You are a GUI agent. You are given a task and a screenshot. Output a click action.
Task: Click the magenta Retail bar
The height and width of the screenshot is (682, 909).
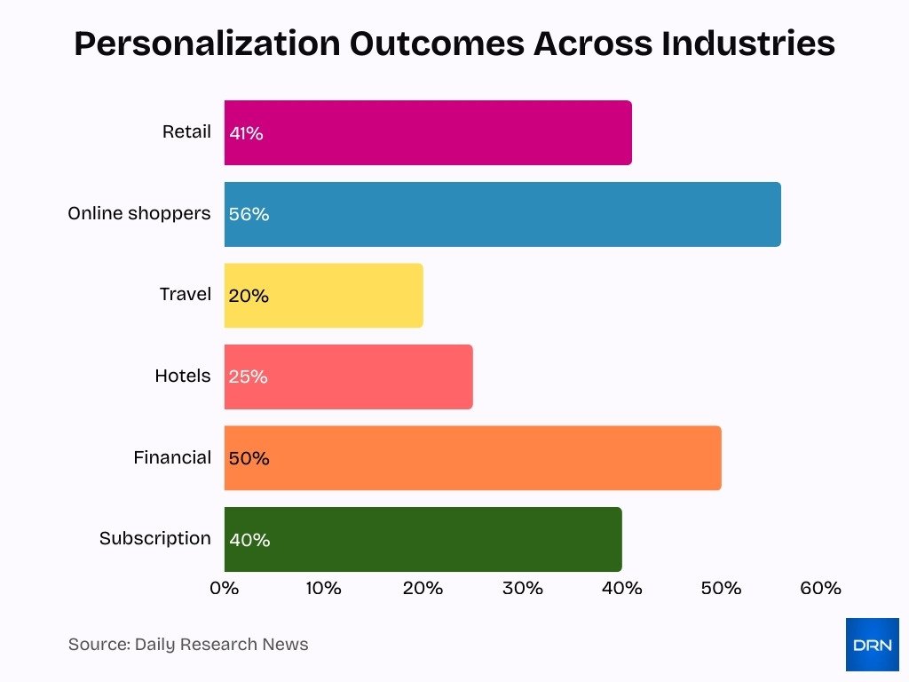[428, 133]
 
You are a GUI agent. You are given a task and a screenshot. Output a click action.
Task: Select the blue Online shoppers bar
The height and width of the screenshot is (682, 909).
[502, 215]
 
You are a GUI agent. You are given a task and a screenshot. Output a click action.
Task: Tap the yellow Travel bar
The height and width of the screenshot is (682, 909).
[324, 296]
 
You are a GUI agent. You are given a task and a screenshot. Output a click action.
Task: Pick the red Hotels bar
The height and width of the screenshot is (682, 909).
[348, 377]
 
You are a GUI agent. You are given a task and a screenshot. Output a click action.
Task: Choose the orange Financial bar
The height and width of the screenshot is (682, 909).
[472, 458]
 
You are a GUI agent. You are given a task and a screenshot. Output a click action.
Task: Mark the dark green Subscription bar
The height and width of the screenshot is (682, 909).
[423, 539]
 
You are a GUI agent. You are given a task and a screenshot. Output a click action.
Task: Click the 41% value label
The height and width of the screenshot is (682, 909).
[246, 133]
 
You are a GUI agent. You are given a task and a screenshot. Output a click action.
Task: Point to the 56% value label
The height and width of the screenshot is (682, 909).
[249, 215]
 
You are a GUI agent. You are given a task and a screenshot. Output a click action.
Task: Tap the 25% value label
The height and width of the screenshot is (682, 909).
[248, 377]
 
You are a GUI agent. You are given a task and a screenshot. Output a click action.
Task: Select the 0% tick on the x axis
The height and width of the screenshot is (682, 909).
[225, 588]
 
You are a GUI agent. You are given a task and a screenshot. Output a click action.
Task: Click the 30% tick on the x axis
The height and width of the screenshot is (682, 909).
[522, 588]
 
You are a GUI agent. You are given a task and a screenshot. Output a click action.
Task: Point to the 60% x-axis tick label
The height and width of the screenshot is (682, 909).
[820, 588]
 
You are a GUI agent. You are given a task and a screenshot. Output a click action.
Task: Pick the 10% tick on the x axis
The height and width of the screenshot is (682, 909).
[324, 588]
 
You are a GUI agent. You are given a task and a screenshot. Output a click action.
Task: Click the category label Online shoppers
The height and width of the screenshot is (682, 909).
[139, 213]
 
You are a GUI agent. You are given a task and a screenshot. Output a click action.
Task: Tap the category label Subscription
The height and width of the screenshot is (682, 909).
[155, 538]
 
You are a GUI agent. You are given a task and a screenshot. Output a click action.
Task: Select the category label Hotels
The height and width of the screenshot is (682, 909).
[183, 376]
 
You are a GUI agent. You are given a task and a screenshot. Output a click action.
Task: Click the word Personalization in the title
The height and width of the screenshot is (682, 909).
[205, 44]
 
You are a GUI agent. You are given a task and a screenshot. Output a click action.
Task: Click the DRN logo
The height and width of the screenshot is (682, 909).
[872, 645]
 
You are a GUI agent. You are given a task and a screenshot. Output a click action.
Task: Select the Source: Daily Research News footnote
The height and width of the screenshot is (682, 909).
[188, 645]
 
